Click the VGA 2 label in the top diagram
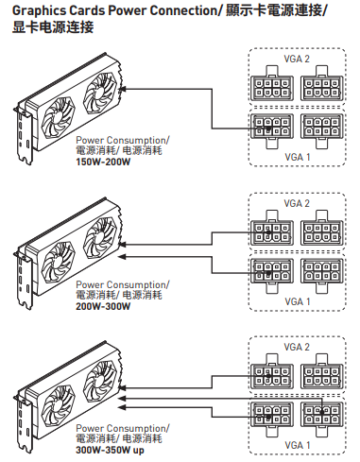297,59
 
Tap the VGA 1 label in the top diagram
298,157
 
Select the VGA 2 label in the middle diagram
297,203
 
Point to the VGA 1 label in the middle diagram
298,301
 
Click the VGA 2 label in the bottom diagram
297,347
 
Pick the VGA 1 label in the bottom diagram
298,445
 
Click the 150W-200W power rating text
103,163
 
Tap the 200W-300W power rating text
103,306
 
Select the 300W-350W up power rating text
110,451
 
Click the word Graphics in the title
39,11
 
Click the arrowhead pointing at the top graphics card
123,89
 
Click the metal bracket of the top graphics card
24,135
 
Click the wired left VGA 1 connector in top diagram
272,130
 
